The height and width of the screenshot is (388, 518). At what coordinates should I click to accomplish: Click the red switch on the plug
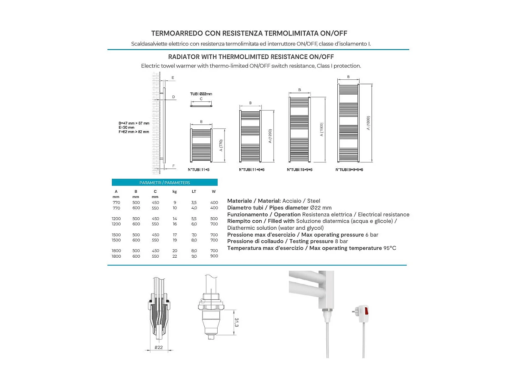tap(366, 311)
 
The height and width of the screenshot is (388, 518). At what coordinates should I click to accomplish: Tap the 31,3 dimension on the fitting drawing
tap(237, 322)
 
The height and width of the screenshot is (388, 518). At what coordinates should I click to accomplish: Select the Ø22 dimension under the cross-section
tap(159, 347)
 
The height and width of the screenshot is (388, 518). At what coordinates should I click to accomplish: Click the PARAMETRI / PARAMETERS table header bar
tap(165, 182)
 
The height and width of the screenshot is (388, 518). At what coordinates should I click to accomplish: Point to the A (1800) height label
tap(368, 123)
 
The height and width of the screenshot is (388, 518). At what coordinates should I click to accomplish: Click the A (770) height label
tap(221, 146)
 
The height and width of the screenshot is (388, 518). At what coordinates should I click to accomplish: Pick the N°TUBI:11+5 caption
tap(199, 170)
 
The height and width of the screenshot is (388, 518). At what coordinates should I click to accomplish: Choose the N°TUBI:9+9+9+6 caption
tap(349, 170)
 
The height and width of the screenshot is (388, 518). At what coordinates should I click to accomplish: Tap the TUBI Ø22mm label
tap(201, 94)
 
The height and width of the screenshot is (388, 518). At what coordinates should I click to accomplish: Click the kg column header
tap(175, 191)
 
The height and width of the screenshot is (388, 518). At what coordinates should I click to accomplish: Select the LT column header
tap(194, 191)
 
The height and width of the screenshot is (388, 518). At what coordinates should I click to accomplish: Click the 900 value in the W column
tap(214, 256)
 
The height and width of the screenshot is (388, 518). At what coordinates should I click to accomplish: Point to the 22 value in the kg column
tap(175, 256)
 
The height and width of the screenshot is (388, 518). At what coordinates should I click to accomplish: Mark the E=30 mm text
tap(126, 127)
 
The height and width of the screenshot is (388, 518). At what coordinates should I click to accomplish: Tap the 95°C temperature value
tap(390, 248)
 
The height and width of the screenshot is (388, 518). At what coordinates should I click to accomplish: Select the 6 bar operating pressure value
tap(372, 235)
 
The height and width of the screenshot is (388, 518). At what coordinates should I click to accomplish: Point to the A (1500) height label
tap(322, 130)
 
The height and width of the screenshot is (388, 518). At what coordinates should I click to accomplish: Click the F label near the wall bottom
tap(173, 166)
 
